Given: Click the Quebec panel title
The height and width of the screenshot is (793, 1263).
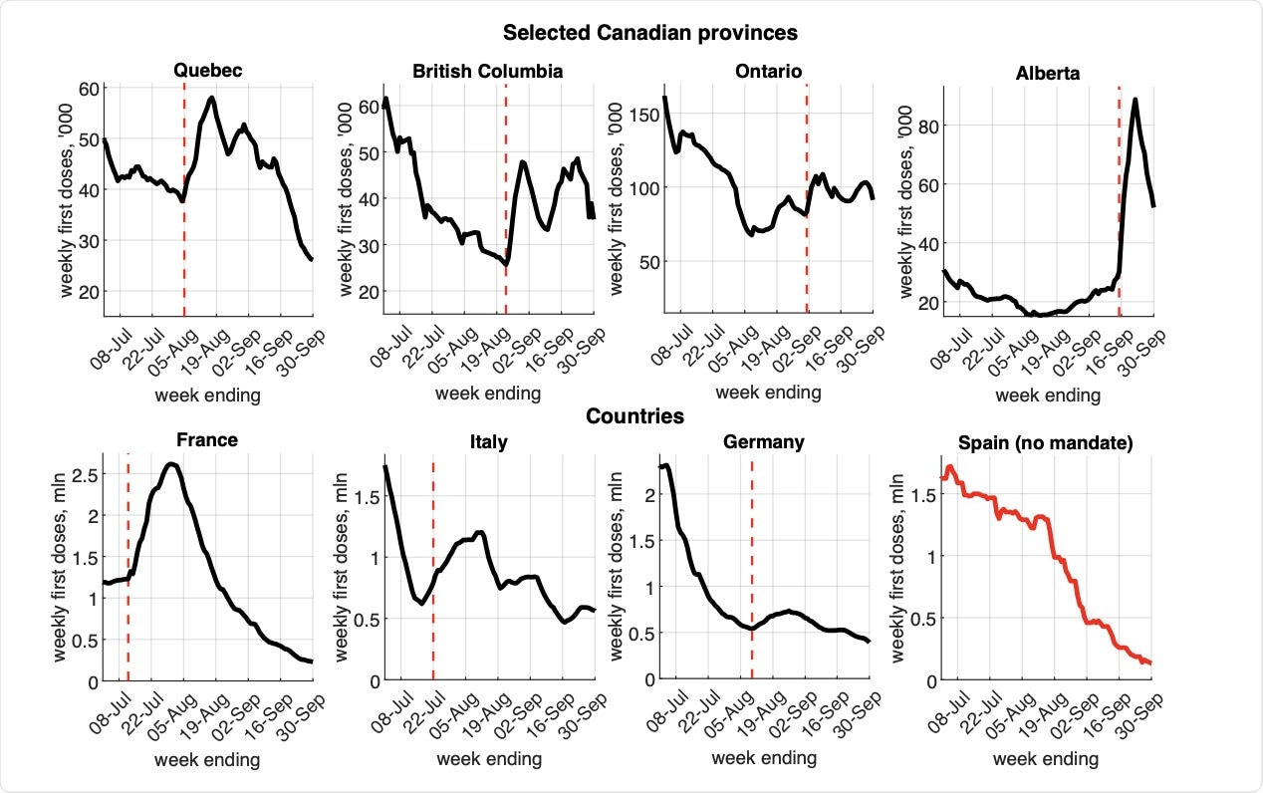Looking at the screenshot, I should (x=208, y=71).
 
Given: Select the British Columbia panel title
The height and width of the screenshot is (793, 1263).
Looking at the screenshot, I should (x=488, y=71).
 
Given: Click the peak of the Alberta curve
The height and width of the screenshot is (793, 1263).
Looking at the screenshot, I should (x=1135, y=99).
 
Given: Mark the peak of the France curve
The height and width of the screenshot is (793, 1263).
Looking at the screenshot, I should (x=172, y=464).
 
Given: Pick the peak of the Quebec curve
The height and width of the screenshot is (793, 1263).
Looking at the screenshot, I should (x=212, y=98).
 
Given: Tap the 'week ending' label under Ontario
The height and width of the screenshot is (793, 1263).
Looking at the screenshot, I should (x=768, y=394).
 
